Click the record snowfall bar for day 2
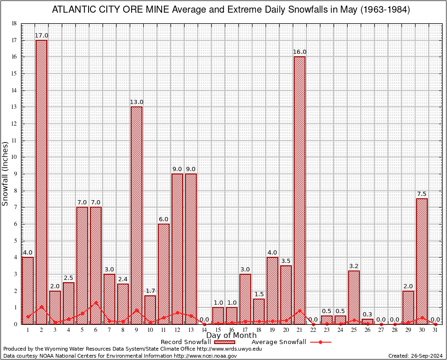41,182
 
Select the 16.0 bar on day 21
299,190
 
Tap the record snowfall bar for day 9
136,215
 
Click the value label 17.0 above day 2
41,36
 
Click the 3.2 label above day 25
354,266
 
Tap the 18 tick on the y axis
14,23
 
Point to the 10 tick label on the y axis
14,157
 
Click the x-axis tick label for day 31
435,330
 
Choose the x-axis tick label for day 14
204,330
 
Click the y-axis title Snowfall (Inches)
6,173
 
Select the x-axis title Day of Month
231,336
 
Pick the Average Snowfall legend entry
278,342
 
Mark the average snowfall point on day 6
96,302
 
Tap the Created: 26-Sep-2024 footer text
415,356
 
